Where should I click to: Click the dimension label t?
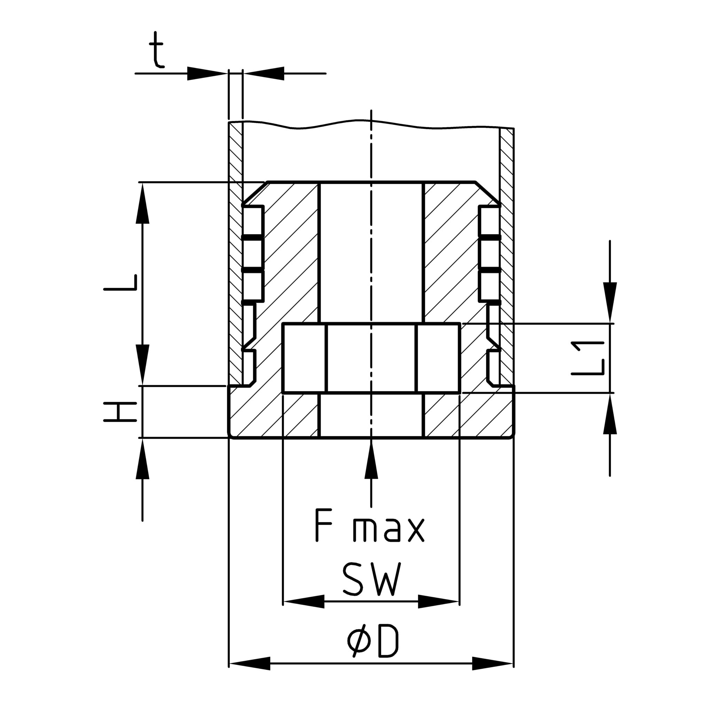pos(156,49)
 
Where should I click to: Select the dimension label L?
pos(120,283)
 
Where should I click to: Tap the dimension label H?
pos(120,412)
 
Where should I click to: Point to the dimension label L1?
pos(588,358)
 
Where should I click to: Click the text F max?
pos(370,525)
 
